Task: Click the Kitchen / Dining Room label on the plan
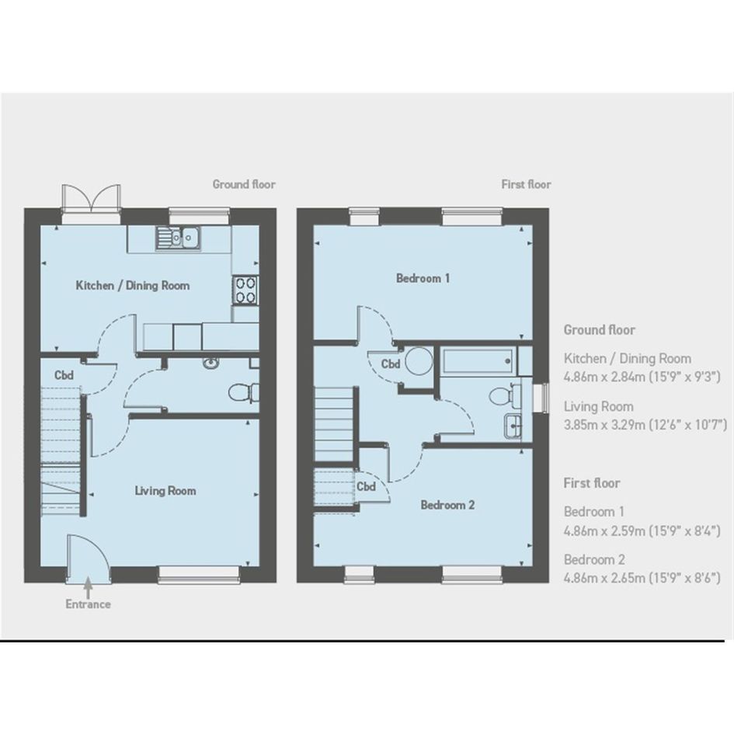pos(133,286)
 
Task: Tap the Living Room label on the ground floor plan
pos(165,491)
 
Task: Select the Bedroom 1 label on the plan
pos(423,278)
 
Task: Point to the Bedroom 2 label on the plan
pos(447,505)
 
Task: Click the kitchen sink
pos(178,238)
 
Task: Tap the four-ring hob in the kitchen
pos(245,290)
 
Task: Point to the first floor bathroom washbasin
pos(513,426)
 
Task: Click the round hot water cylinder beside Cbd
pos(419,361)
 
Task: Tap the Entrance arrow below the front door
pos(88,587)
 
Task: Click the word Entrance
pos(88,604)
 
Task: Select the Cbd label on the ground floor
pos(64,375)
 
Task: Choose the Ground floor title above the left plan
pos(244,184)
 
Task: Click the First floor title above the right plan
pos(526,184)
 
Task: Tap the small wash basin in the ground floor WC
pos(210,362)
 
